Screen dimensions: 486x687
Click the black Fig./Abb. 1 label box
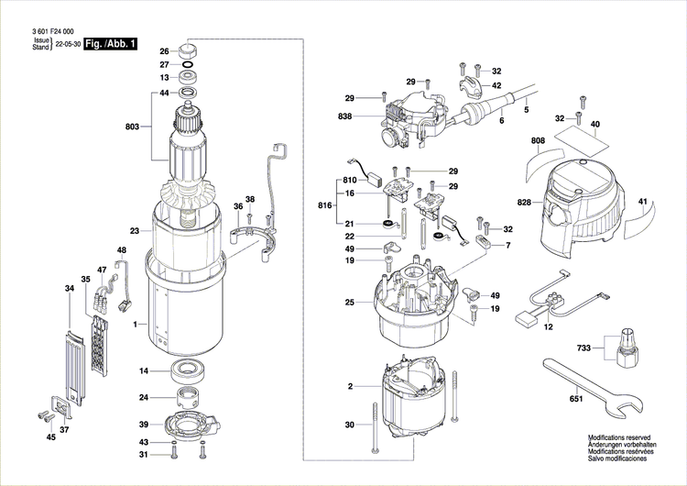click(110, 43)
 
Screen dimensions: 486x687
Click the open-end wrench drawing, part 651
click(586, 381)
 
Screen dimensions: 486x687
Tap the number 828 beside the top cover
click(523, 201)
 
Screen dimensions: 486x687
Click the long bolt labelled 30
click(375, 426)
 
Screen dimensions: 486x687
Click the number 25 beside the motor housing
click(349, 302)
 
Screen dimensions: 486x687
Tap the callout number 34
click(69, 289)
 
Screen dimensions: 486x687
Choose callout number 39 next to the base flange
click(144, 424)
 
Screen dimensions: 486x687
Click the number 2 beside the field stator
click(350, 388)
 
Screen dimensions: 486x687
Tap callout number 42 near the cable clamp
click(497, 85)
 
